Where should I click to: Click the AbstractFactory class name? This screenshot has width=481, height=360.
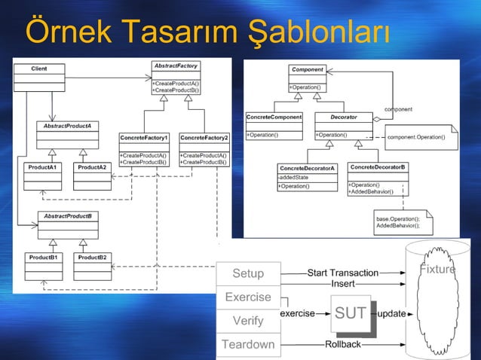pyautogui.click(x=176, y=66)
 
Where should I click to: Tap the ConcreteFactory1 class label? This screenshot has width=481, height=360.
pyautogui.click(x=144, y=138)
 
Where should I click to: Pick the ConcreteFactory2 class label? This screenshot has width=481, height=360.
pyautogui.click(x=204, y=138)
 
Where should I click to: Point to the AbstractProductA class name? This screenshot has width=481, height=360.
pyautogui.click(x=67, y=125)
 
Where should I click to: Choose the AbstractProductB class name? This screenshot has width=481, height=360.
pyautogui.click(x=68, y=216)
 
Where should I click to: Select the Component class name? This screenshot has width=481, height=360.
pyautogui.click(x=308, y=69)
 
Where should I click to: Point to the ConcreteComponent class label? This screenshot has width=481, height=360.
pyautogui.click(x=274, y=117)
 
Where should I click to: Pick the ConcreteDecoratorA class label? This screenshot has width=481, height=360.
pyautogui.click(x=307, y=168)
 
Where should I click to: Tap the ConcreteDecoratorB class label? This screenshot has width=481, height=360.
pyautogui.click(x=378, y=166)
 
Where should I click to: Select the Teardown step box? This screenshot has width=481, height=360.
pyautogui.click(x=247, y=345)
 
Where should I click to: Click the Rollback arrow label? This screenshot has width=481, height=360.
pyautogui.click(x=342, y=344)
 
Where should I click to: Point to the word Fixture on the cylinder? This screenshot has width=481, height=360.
pyautogui.click(x=437, y=270)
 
